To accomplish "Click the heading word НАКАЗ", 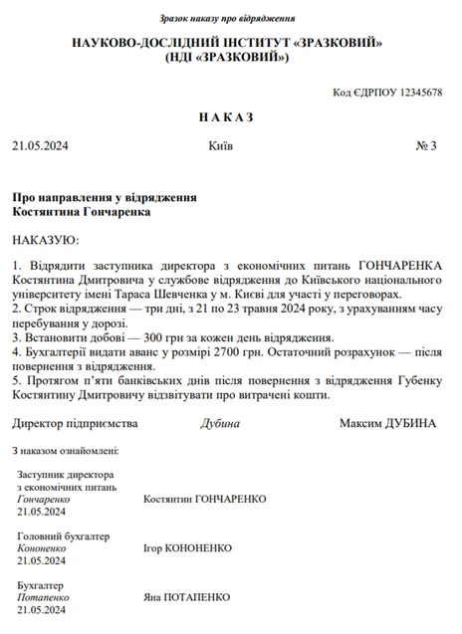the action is [226, 117].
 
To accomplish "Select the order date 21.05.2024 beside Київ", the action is [40, 146].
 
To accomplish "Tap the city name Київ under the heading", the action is [221, 146].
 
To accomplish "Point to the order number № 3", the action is [426, 146].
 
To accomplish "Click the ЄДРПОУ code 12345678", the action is [420, 92].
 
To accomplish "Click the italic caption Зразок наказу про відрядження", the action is [227, 19].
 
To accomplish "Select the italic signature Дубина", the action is [220, 424].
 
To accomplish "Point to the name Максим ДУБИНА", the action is [387, 424].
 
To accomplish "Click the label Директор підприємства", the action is [74, 424].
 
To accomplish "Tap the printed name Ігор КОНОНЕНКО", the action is [187, 548].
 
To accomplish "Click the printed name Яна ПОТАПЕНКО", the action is [187, 597].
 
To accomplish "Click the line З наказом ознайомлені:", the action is [66, 451].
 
